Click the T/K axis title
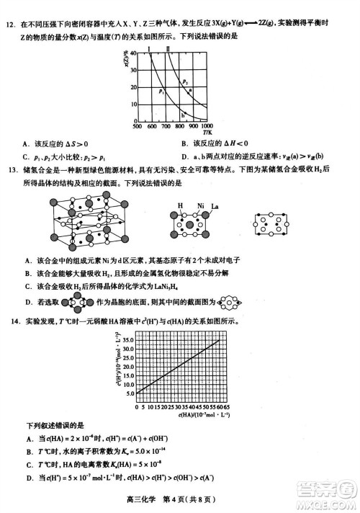click(x=207, y=133)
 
